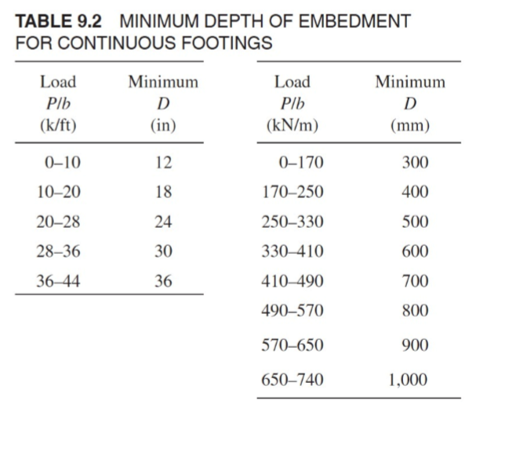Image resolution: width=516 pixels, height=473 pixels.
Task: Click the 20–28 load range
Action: [x=58, y=222]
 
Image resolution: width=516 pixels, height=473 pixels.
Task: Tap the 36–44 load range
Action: [x=58, y=281]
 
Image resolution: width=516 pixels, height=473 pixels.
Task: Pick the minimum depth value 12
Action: [x=163, y=163]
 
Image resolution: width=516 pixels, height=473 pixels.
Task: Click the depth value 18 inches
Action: [x=163, y=193]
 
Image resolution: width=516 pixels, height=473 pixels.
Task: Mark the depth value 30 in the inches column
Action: [x=163, y=251]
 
